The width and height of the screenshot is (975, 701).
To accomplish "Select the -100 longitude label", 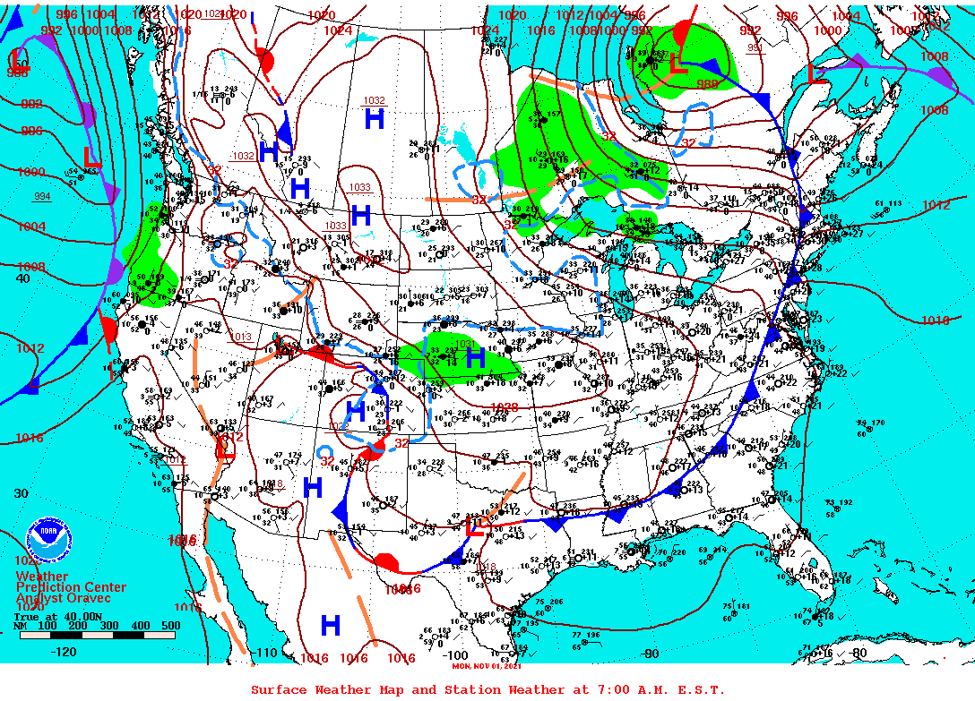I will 454,655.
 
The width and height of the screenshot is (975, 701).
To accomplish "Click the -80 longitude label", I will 858,653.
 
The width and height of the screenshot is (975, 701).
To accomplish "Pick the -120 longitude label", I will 65,652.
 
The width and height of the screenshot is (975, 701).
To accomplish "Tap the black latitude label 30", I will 22,493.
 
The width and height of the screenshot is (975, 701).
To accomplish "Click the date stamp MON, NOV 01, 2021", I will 487,665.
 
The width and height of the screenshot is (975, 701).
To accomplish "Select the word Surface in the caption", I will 279,689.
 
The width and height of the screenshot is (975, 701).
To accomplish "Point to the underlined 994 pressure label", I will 42,196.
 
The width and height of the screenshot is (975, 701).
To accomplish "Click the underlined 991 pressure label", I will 756,47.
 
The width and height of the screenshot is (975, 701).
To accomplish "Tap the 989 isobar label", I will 708,84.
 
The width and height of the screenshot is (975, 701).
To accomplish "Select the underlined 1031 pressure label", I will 465,344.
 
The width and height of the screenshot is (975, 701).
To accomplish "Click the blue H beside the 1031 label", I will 475,359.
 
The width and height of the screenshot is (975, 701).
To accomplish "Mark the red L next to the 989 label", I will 678,64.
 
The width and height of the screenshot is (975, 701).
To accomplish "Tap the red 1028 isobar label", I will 505,407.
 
